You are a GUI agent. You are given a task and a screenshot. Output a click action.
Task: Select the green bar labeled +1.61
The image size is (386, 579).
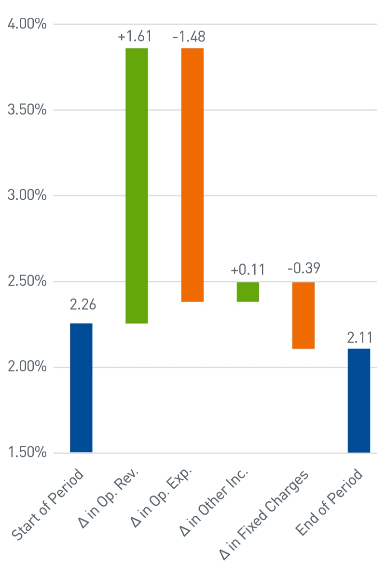(137, 186)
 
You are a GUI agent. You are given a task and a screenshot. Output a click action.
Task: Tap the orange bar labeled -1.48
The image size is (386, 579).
(193, 175)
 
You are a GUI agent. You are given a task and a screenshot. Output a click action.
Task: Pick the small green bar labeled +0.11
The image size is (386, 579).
(248, 292)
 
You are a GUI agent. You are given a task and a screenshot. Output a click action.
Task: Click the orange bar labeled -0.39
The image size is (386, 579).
(303, 315)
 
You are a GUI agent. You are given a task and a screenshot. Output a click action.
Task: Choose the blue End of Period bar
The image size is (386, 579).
(359, 400)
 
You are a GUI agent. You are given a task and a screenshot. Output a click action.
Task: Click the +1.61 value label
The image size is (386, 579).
(135, 36)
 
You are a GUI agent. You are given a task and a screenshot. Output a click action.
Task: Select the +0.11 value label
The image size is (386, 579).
(248, 270)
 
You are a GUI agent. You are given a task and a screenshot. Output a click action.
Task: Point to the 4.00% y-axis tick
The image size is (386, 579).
(28, 24)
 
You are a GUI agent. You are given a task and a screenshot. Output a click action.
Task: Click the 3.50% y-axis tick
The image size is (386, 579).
(28, 110)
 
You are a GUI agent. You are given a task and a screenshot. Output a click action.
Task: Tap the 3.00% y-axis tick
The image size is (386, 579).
(28, 196)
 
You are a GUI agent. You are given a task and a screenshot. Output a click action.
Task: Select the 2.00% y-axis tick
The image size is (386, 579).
(28, 367)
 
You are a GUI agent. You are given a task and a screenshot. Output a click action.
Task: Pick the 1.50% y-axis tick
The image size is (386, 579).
(28, 453)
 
